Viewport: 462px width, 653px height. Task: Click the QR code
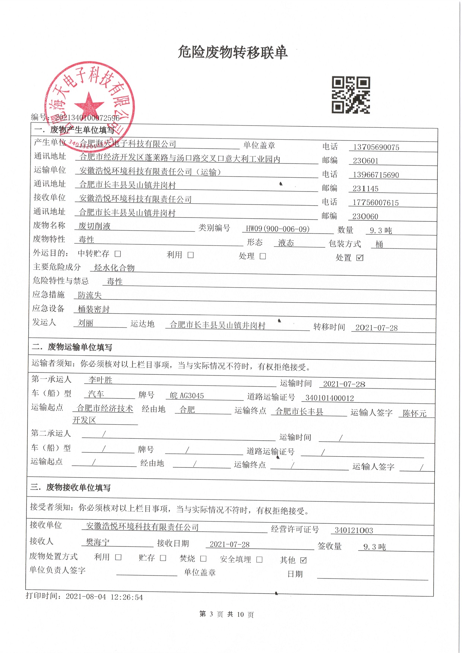click(351, 95)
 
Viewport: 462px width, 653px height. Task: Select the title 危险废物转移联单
click(232, 52)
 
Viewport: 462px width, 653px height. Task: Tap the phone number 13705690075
click(376, 147)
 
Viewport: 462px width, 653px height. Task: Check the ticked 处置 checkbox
click(360, 258)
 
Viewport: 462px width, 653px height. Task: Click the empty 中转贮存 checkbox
click(118, 254)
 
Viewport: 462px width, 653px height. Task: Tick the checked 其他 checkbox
click(303, 560)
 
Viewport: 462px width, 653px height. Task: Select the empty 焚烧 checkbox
click(203, 558)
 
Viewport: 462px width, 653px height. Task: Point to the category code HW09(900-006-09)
click(278, 229)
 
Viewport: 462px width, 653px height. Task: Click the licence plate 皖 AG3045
click(187, 396)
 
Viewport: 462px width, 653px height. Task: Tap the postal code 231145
click(365, 189)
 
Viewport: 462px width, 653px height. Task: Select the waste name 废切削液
click(94, 226)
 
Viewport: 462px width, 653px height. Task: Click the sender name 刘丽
click(85, 323)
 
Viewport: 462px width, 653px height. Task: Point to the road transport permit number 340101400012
click(329, 398)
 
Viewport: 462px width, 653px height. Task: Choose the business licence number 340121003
click(354, 530)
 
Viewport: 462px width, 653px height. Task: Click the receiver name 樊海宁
click(98, 542)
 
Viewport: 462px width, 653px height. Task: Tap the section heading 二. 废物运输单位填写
click(72, 347)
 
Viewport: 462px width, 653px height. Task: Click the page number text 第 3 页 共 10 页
click(227, 614)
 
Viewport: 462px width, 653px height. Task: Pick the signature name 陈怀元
click(414, 413)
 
